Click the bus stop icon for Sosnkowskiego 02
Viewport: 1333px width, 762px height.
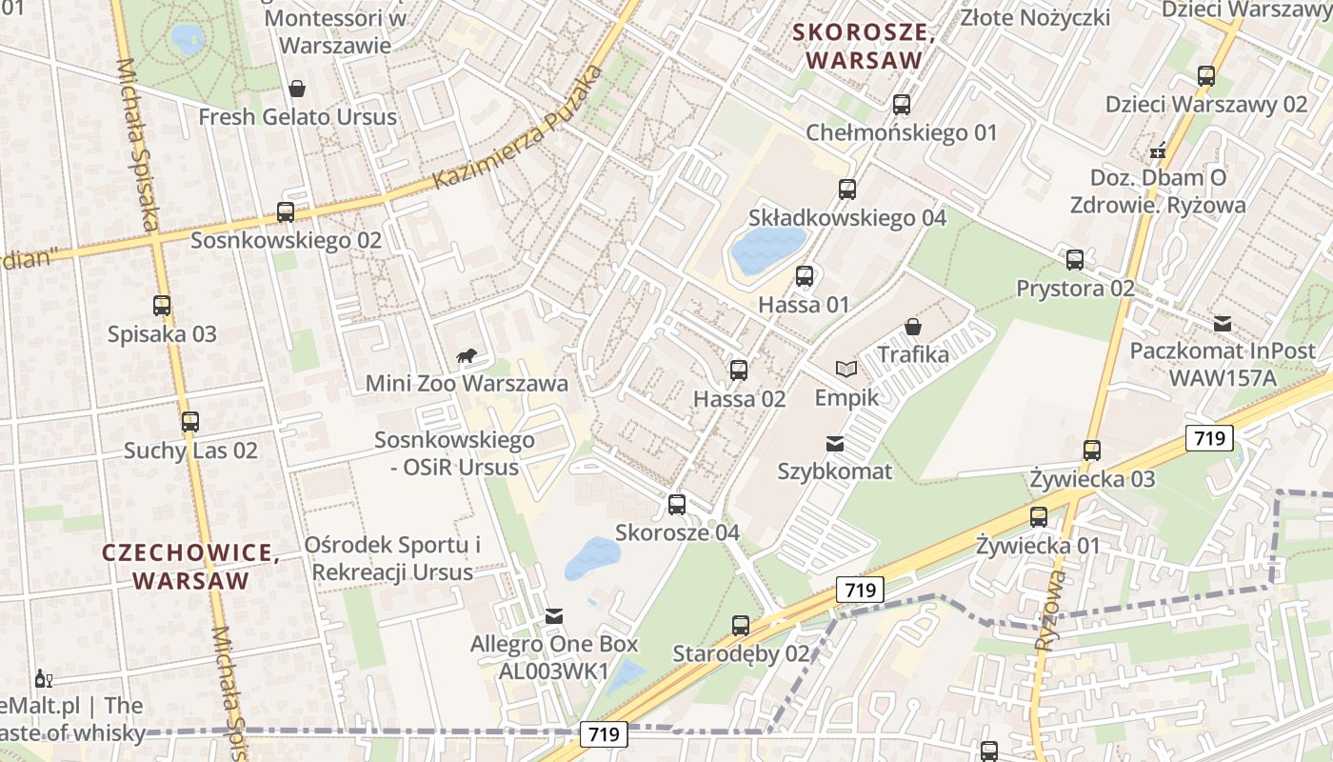[x=286, y=212]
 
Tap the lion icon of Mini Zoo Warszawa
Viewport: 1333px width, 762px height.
[x=467, y=357]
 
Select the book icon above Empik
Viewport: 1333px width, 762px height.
[x=846, y=369]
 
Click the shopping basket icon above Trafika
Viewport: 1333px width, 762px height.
[x=913, y=327]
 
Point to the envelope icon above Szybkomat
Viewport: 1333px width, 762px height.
[x=835, y=443]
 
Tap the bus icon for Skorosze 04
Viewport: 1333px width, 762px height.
[x=677, y=504]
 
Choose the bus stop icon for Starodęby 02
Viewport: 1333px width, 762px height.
[x=741, y=626]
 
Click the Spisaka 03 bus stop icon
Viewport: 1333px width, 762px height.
[x=162, y=306]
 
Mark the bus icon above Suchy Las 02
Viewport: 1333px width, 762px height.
[x=190, y=422]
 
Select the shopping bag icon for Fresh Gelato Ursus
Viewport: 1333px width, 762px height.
[x=297, y=89]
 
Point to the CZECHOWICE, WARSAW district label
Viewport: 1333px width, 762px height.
[x=190, y=566]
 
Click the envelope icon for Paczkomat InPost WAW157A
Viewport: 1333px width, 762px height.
[x=1222, y=324]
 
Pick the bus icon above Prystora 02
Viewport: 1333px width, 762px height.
[x=1075, y=259]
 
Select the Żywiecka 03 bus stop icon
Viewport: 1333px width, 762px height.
[x=1092, y=451]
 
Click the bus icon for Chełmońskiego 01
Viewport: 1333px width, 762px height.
[x=902, y=105]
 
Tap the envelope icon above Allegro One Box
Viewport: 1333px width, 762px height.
[x=554, y=616]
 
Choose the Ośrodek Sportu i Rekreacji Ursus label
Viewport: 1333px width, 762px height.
[x=392, y=558]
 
